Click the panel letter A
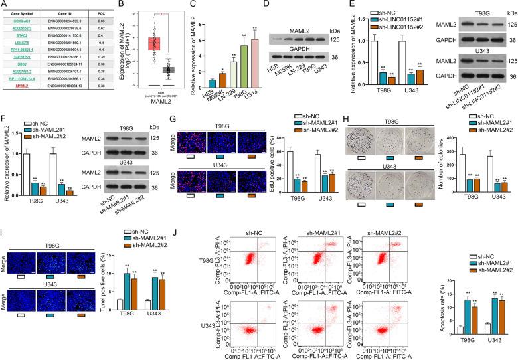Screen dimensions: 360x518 point(4,5)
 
